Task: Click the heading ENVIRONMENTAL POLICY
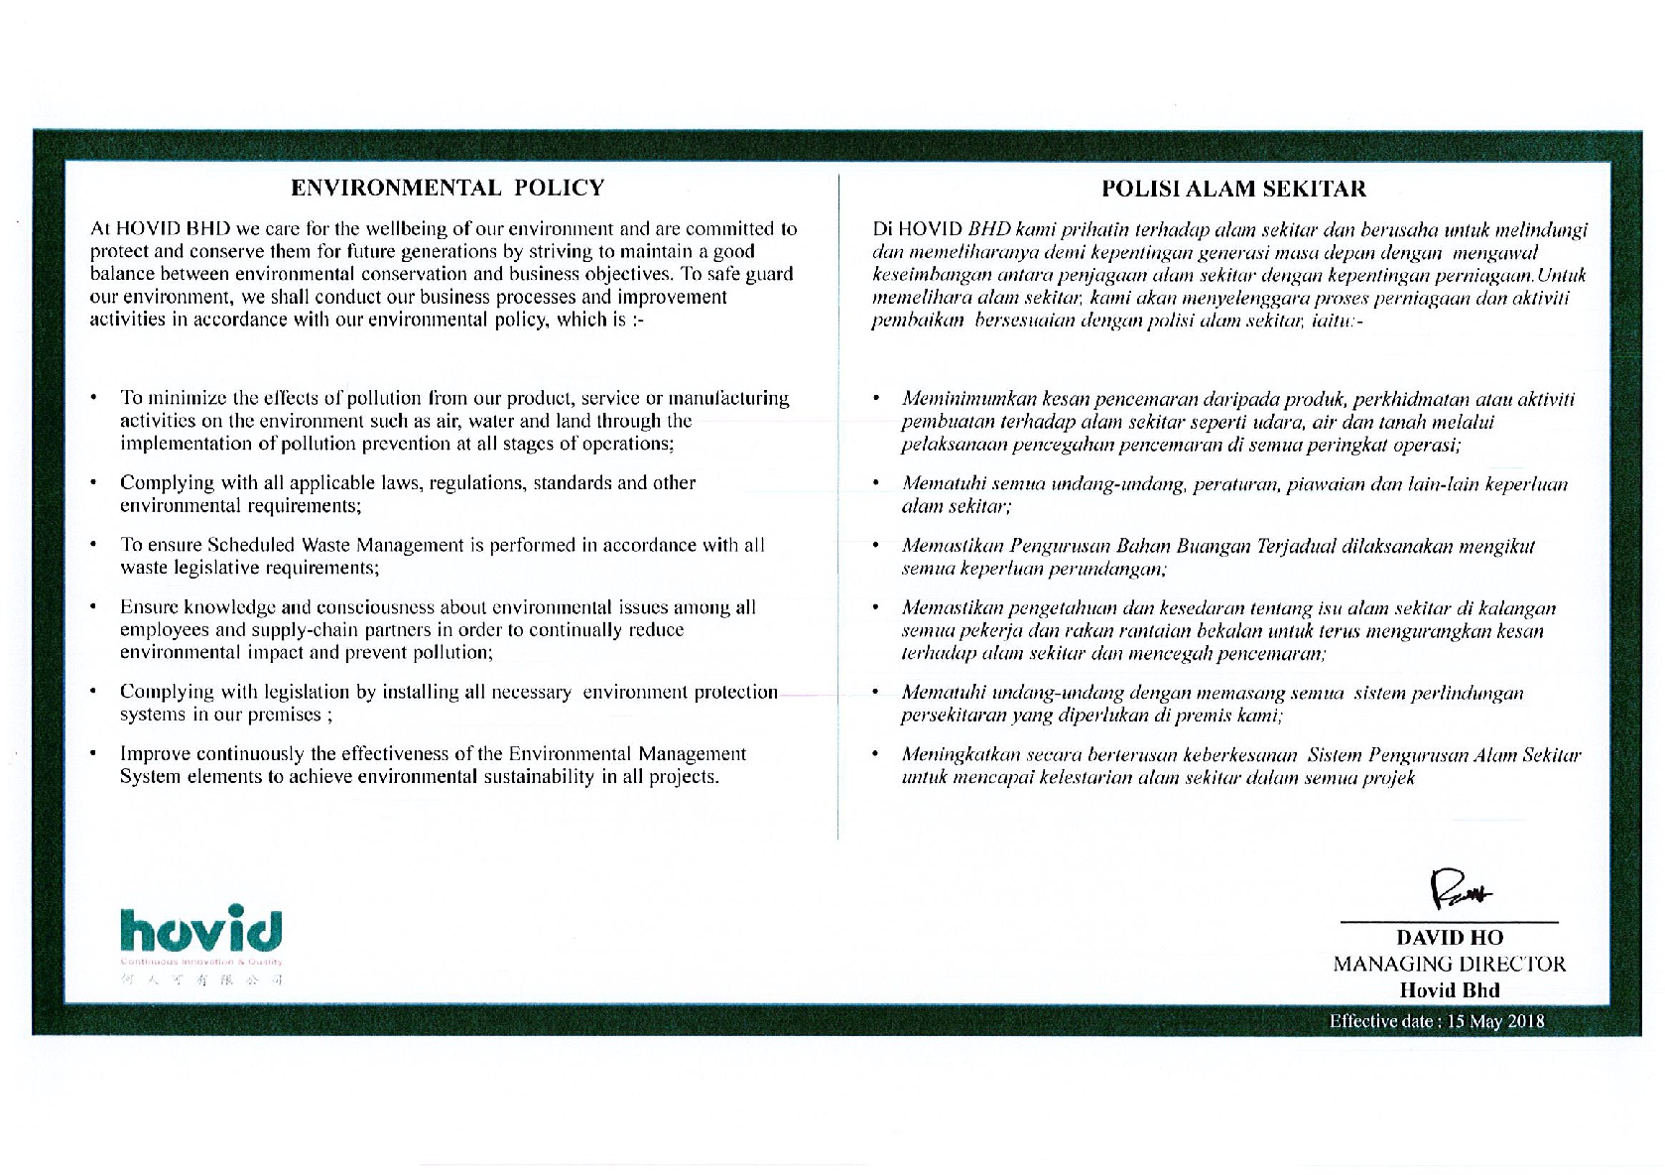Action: point(447,188)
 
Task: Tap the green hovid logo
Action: point(200,929)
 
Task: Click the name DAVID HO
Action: point(1449,938)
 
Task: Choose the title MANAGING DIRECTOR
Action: point(1449,964)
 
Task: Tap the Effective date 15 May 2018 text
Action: point(1437,1021)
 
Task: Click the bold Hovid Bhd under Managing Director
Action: point(1449,989)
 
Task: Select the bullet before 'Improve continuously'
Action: point(92,754)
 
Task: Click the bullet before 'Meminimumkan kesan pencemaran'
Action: point(875,400)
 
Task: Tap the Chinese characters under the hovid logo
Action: point(201,979)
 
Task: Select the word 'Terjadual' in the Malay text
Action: point(1295,547)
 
